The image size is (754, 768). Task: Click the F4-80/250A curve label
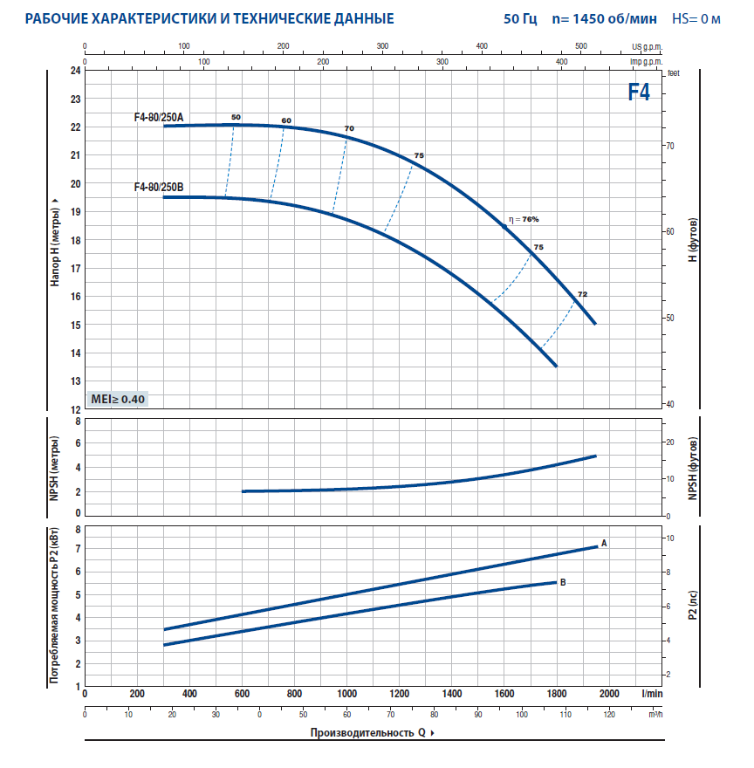(x=158, y=117)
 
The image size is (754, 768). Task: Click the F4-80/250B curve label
(x=158, y=187)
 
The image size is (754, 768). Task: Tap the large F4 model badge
(x=639, y=93)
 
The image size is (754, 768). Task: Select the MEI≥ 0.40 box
(x=119, y=399)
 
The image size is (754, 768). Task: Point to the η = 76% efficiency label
(x=525, y=219)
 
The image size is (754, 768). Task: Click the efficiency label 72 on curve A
(x=582, y=294)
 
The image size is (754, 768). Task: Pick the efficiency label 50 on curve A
(x=236, y=117)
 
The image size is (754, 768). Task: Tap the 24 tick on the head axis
(x=75, y=71)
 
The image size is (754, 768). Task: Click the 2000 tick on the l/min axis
(x=608, y=694)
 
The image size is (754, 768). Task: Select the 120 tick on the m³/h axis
(x=609, y=715)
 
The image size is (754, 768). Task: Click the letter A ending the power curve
(x=604, y=543)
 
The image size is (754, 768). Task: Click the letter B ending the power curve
(x=563, y=581)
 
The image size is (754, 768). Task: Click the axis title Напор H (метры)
(x=55, y=240)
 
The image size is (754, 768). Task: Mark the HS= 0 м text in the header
(x=696, y=18)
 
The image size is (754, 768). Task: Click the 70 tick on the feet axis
(x=671, y=146)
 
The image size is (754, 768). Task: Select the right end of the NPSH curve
(x=595, y=456)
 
